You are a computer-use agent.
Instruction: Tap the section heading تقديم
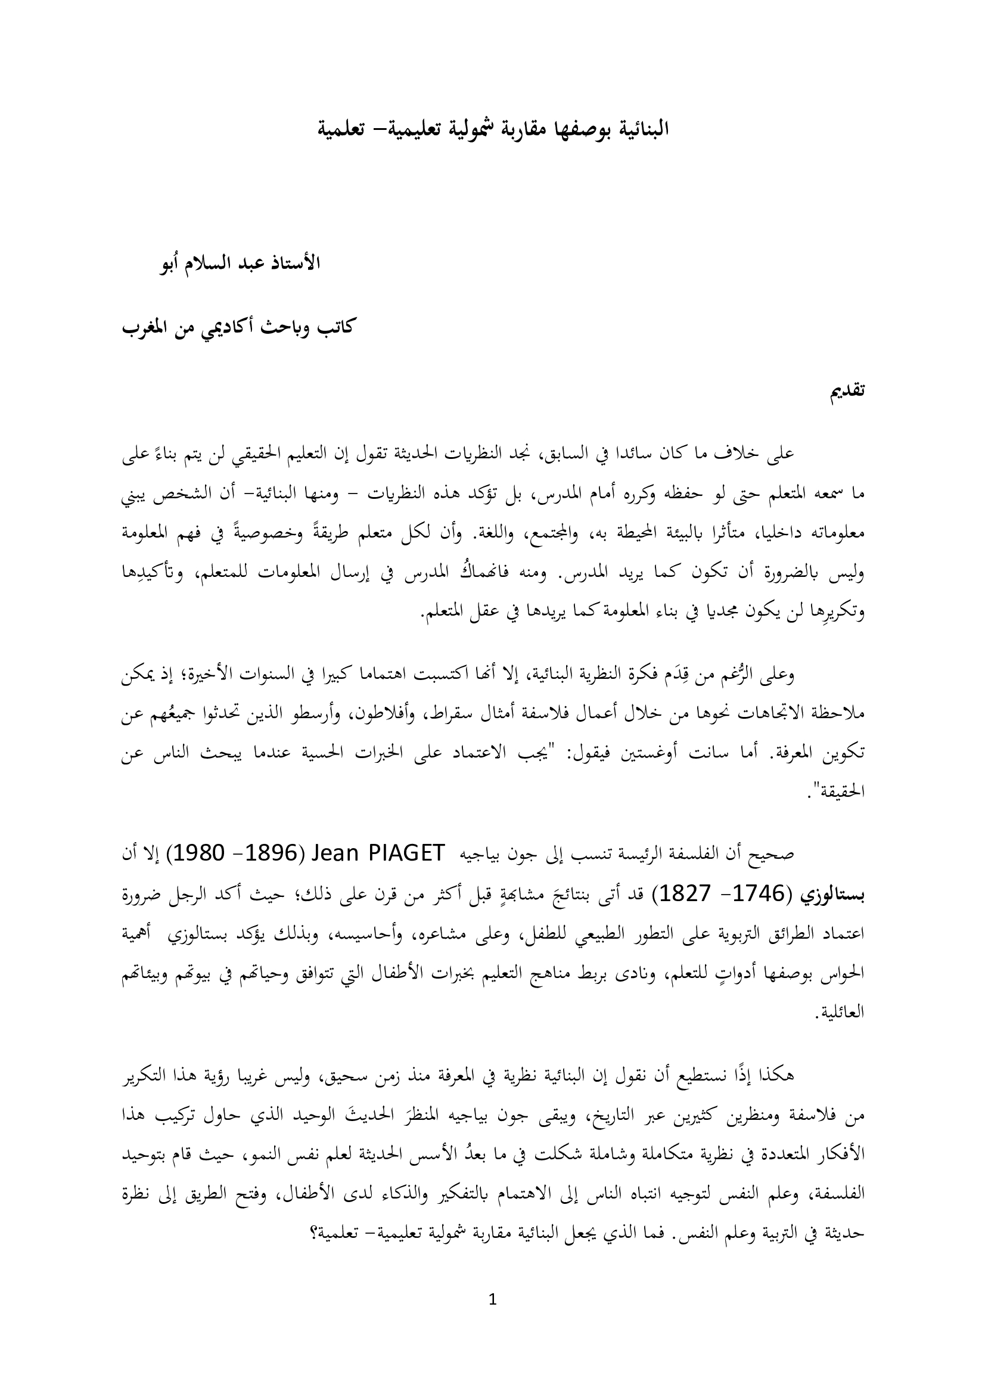coord(847,390)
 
